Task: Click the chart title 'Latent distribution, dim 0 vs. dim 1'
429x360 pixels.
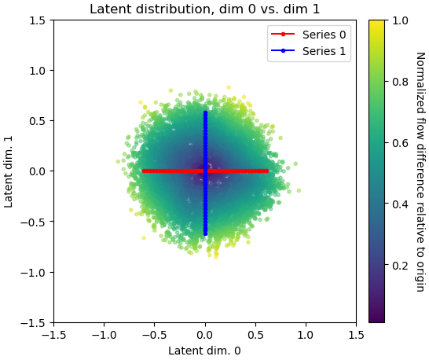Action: tap(204, 9)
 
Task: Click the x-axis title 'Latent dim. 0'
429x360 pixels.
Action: tap(204, 351)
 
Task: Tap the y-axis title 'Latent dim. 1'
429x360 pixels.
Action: tap(9, 171)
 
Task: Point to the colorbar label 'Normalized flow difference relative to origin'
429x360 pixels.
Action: tap(420, 171)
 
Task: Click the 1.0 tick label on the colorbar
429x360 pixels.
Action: tap(399, 20)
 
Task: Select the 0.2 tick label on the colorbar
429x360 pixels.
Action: tap(399, 266)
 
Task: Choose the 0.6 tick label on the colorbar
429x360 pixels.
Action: tap(399, 143)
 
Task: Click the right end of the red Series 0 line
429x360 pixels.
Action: tap(267, 171)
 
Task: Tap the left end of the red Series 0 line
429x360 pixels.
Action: tap(144, 171)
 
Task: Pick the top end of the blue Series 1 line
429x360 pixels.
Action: tap(205, 112)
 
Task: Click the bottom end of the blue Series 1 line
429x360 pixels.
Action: tap(205, 233)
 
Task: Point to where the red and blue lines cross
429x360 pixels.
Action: tap(205, 171)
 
